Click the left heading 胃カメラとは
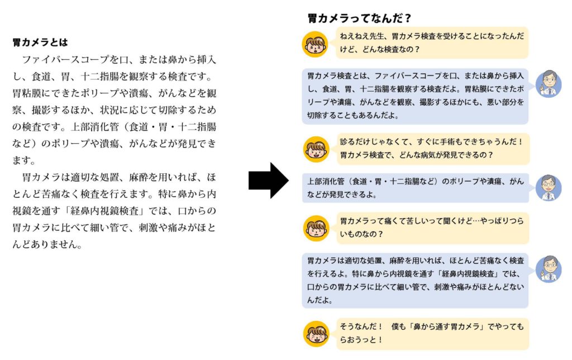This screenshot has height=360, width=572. [40, 42]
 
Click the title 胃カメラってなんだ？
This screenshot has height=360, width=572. [360, 18]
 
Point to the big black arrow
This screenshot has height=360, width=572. [269, 181]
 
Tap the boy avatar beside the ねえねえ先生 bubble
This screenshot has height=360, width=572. [315, 44]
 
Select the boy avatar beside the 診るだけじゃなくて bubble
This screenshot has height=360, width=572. [316, 149]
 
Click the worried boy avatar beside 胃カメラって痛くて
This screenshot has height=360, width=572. [316, 228]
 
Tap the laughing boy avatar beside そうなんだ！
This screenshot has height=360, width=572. [316, 334]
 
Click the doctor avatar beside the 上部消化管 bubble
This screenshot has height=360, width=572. [549, 188]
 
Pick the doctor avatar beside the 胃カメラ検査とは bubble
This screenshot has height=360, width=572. [549, 84]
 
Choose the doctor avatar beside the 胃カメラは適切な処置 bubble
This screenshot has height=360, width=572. [549, 269]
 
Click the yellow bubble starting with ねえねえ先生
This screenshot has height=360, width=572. [432, 42]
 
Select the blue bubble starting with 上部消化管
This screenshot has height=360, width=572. [415, 188]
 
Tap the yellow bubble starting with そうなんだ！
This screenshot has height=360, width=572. [432, 333]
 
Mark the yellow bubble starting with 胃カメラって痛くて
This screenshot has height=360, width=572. [432, 228]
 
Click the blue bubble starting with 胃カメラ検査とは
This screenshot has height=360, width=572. [415, 96]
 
